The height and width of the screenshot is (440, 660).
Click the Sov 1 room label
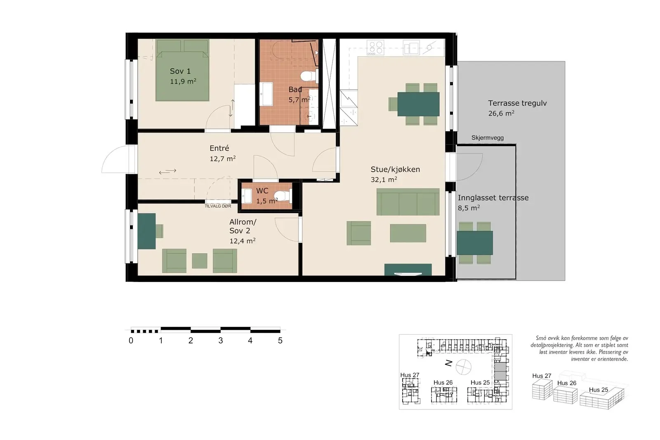[x=180, y=71]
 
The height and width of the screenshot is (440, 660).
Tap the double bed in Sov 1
[x=182, y=70]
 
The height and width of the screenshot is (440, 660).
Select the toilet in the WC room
[x=283, y=196]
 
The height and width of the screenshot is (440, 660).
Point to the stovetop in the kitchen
[x=375, y=48]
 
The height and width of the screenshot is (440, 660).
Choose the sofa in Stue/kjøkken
[x=408, y=202]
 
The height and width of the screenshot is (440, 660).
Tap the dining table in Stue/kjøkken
[x=418, y=104]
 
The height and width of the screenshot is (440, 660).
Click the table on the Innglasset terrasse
[x=475, y=243]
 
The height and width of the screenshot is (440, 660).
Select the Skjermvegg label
[x=487, y=138]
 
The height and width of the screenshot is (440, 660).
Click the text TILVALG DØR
[x=218, y=206]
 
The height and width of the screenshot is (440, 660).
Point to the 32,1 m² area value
[x=384, y=180]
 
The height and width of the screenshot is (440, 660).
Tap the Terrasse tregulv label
[x=517, y=103]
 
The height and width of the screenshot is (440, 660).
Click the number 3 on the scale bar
[x=220, y=341]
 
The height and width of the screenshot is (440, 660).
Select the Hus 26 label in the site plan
[x=443, y=383]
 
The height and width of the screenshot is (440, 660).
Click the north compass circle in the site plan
[x=464, y=367]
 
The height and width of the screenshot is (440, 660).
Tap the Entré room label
[x=219, y=148]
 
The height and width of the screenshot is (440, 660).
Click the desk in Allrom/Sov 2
[x=146, y=231]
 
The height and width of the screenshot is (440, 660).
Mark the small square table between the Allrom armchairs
[x=200, y=261]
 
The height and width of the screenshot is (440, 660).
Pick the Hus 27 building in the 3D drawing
[x=542, y=390]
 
